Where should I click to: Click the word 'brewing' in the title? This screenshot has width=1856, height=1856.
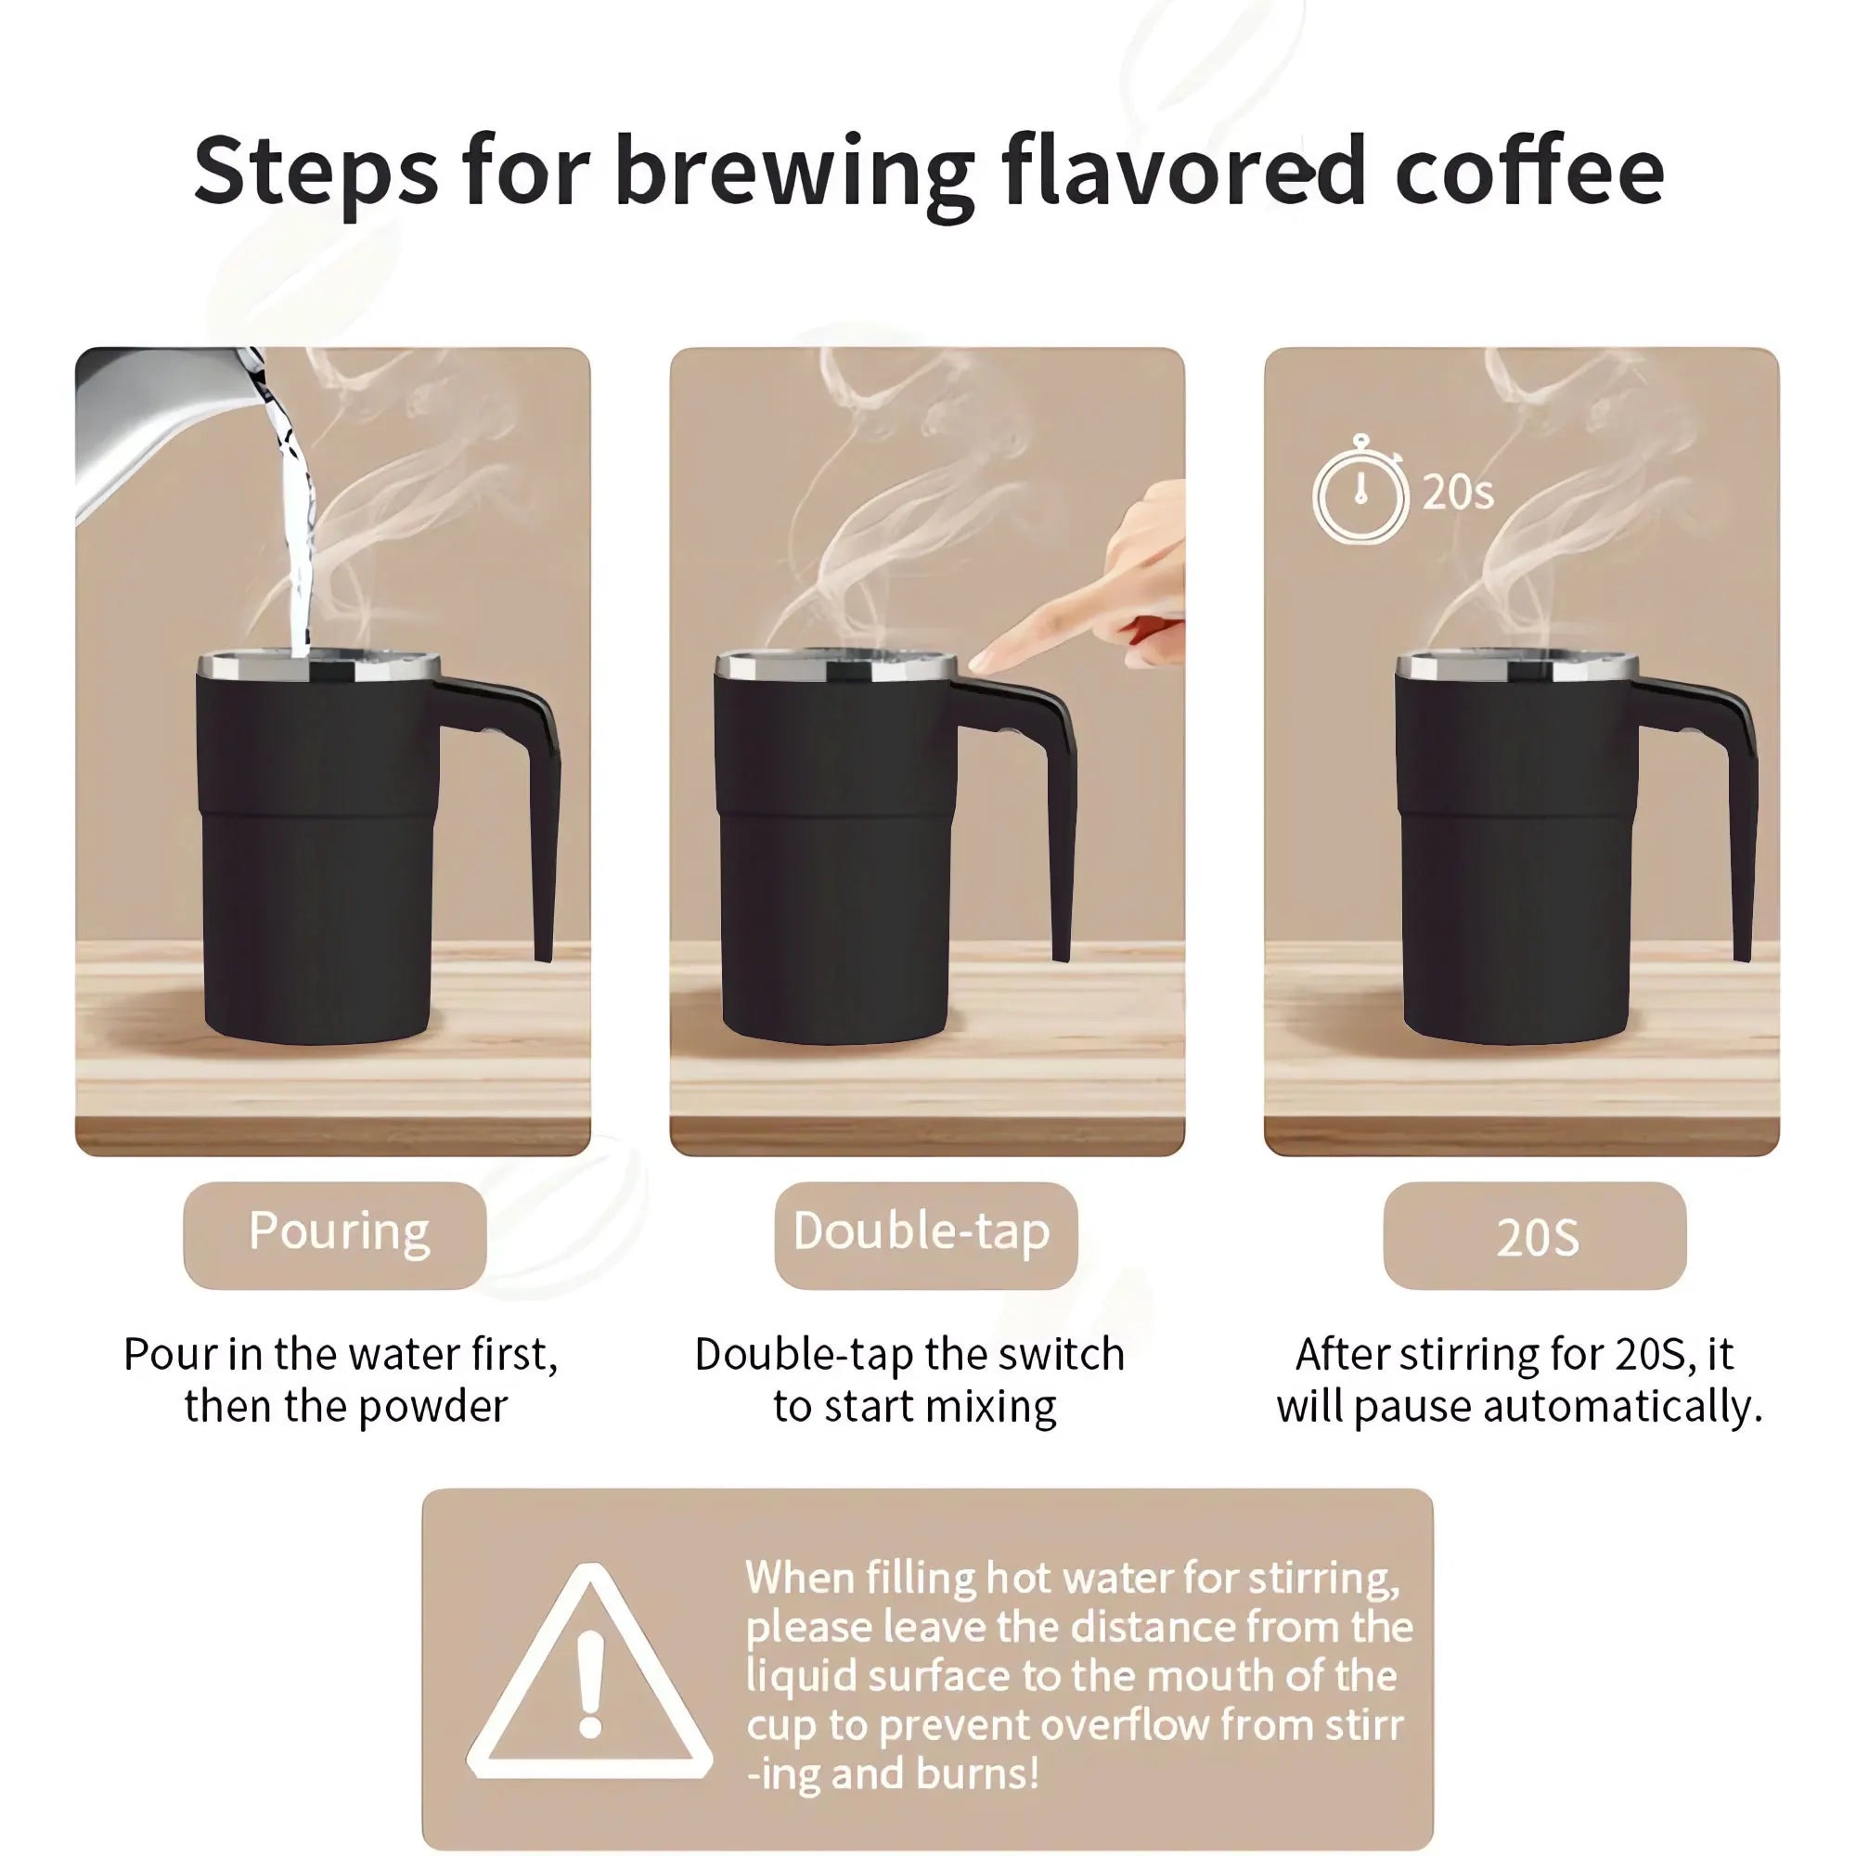click(x=793, y=173)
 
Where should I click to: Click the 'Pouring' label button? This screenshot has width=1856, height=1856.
click(x=335, y=1233)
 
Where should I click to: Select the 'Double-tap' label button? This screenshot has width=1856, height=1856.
click(x=925, y=1233)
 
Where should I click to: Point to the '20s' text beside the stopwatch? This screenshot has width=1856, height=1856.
click(x=1457, y=493)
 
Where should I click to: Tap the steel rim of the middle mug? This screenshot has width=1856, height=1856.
click(x=836, y=664)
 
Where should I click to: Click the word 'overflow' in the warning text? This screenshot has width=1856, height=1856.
click(x=1123, y=1725)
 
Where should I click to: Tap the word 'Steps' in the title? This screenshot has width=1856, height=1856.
click(x=316, y=173)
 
